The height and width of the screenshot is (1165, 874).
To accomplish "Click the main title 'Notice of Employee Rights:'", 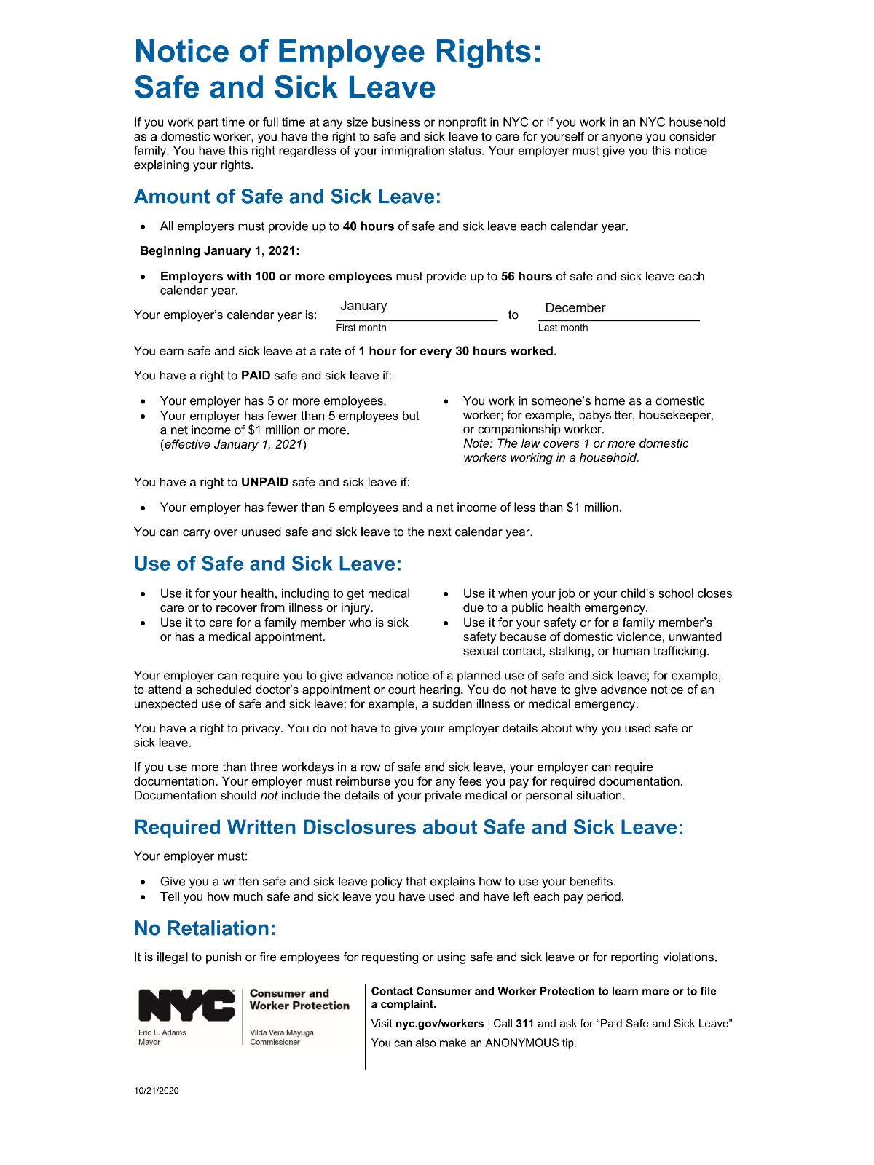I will pos(338,52).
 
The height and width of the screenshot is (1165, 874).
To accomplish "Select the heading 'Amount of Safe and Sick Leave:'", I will pos(288,197).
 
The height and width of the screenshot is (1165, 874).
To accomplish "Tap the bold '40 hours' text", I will pos(369,226).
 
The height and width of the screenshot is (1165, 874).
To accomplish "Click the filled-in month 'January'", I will pos(363,307).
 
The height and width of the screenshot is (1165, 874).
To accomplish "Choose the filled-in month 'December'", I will pos(575,308).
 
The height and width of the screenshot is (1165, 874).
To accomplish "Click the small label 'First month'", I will pos(361,328).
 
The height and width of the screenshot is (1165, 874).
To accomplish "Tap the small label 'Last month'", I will pos(563,328).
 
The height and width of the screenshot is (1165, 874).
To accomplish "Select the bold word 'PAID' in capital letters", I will pos(256,376).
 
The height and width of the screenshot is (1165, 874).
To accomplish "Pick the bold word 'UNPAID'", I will pos(265,482).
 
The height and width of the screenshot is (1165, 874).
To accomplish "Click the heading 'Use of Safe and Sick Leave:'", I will pos(268,564).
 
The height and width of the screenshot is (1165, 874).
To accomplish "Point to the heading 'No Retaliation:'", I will pos(205,928).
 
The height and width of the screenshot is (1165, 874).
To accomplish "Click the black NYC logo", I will pos(186,1006).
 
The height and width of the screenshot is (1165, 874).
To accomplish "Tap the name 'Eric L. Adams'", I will pos(162,1032).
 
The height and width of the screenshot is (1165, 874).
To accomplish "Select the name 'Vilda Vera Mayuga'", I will pos(282,1032).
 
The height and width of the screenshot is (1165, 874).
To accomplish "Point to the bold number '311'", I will pos(525,1024).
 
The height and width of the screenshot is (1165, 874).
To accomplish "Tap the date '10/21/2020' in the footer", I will pos(157,1091).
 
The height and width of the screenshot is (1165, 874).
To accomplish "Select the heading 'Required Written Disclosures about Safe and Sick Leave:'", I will pos(409,828).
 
